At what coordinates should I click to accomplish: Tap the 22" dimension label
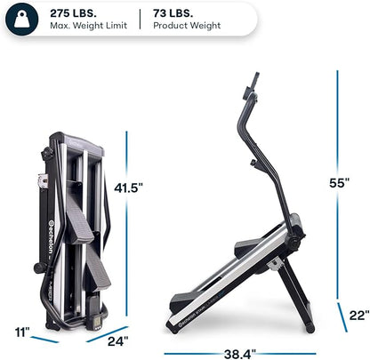pos(357,314)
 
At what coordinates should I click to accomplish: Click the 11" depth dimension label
pos(20,332)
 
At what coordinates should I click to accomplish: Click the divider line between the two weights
pos(140,19)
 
